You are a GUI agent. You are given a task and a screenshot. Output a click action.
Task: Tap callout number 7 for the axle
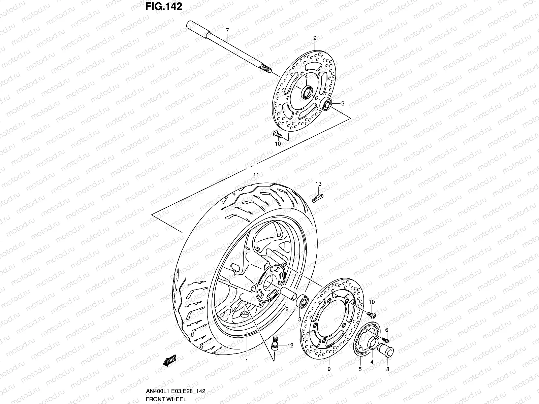227,30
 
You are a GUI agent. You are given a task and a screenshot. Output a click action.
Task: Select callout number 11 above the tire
256,174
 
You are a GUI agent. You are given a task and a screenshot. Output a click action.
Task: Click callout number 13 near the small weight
318,184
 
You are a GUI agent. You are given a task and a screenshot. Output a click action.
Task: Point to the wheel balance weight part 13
317,197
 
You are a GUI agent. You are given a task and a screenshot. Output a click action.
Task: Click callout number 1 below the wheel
247,361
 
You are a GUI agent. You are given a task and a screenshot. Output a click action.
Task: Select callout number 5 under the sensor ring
359,369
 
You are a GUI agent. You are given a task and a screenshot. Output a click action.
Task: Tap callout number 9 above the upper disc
315,38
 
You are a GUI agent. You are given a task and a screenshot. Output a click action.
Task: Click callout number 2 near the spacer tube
286,309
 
